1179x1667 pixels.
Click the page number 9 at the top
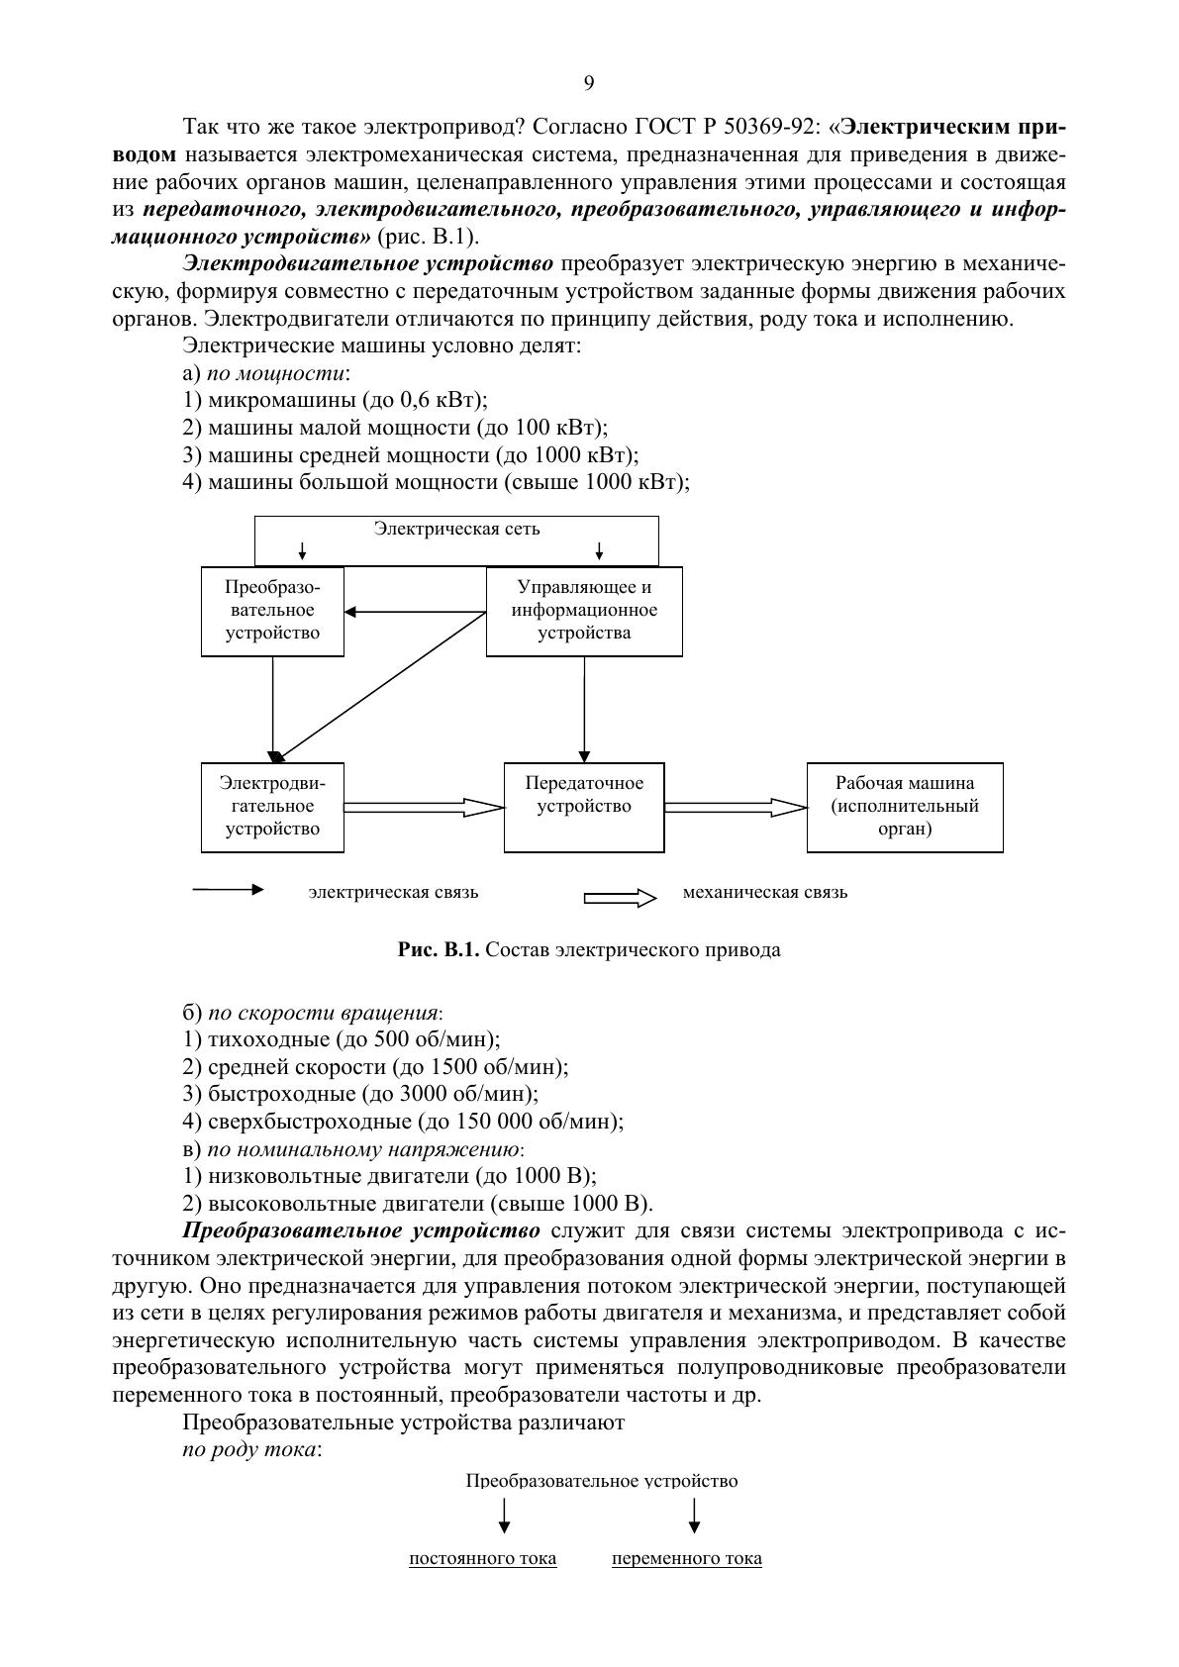589,83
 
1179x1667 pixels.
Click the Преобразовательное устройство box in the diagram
272,610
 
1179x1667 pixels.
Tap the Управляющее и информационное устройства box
584,610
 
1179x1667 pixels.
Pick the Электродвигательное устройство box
272,806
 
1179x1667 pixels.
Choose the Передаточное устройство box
584,806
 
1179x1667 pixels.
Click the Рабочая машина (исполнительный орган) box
905,806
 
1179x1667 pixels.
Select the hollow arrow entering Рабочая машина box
737,807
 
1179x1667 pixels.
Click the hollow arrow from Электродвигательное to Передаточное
424,807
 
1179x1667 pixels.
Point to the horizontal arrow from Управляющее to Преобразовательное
416,611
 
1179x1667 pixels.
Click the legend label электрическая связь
393,892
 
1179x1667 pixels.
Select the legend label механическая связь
765,892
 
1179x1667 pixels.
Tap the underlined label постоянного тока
483,1559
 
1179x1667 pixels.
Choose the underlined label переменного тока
687,1559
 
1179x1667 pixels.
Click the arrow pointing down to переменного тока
694,1515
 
